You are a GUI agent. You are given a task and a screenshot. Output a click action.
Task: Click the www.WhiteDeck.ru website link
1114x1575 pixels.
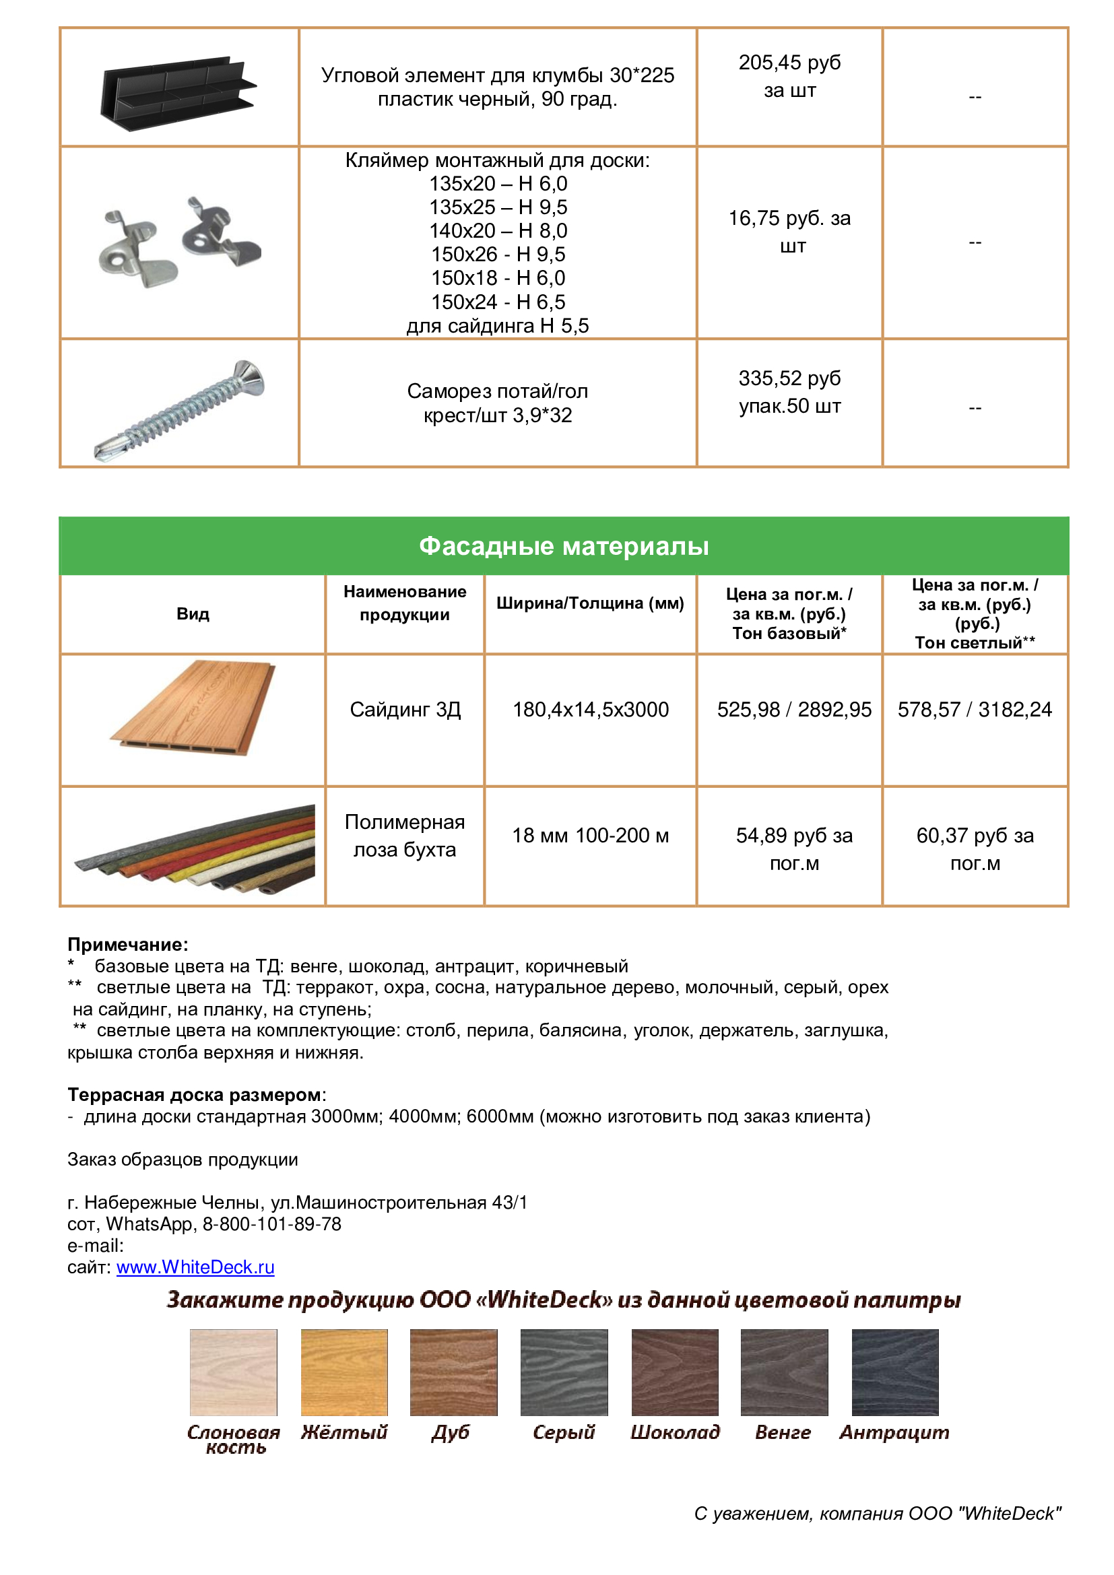tap(195, 1267)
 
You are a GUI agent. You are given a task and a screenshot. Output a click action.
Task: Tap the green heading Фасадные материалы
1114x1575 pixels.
tap(563, 546)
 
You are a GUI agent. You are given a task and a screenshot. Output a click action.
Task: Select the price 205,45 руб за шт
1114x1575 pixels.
tap(789, 76)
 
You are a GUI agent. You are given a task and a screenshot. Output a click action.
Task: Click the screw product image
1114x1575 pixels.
tap(180, 409)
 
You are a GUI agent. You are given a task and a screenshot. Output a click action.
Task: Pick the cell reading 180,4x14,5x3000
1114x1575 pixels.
tap(590, 709)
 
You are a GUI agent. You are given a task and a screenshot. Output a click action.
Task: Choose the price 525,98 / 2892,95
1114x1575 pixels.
tap(793, 709)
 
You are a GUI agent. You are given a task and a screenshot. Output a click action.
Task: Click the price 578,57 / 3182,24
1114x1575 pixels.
tap(974, 709)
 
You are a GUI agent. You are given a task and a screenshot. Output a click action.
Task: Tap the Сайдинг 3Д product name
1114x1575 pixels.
tap(405, 709)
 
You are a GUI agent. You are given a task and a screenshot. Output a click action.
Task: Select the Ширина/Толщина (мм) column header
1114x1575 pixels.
tap(590, 603)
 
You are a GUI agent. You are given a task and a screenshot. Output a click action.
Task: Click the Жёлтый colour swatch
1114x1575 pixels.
tap(344, 1372)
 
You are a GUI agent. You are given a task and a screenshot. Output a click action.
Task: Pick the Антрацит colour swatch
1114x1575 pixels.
tap(894, 1372)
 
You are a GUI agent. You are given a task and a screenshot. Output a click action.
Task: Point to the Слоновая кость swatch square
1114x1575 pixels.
tap(234, 1372)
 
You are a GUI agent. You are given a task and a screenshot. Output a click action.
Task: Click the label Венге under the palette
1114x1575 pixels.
tap(783, 1432)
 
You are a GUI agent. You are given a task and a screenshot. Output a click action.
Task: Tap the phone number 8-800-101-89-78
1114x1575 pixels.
tap(271, 1224)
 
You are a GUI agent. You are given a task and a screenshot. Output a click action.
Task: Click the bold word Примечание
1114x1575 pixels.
tap(127, 945)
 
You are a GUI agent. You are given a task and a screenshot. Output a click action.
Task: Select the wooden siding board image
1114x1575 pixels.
tap(193, 708)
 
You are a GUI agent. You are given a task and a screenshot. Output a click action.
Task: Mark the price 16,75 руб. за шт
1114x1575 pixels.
tap(789, 231)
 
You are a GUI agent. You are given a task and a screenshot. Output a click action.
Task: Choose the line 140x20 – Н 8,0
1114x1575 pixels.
tap(498, 230)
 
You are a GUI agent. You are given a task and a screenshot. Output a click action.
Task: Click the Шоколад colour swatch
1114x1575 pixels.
tap(674, 1372)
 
